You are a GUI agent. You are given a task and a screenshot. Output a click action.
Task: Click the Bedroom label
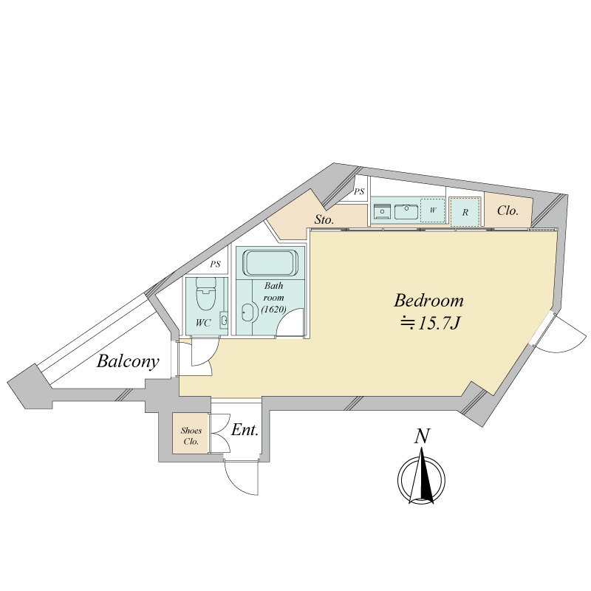point(428,301)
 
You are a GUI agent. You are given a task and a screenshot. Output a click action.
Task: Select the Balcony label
point(128,362)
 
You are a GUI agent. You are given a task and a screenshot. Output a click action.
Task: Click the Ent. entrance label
point(245,430)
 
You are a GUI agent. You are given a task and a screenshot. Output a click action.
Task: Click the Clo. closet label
point(508,211)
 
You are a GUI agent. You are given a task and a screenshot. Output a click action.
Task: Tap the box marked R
point(465,212)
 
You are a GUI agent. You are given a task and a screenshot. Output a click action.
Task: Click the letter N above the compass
point(422,437)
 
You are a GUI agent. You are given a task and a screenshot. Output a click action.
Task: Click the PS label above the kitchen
point(360,192)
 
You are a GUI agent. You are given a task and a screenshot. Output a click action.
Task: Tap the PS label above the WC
point(216,264)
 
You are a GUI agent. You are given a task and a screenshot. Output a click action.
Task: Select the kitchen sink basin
point(405,211)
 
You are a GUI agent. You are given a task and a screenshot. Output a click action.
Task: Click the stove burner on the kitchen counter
point(382,212)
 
